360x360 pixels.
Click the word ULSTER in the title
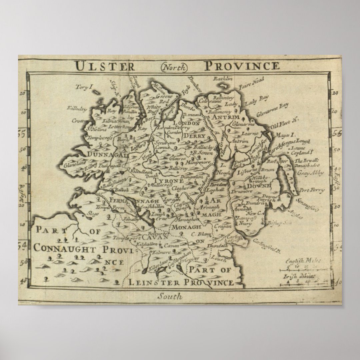[x=104, y=66]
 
